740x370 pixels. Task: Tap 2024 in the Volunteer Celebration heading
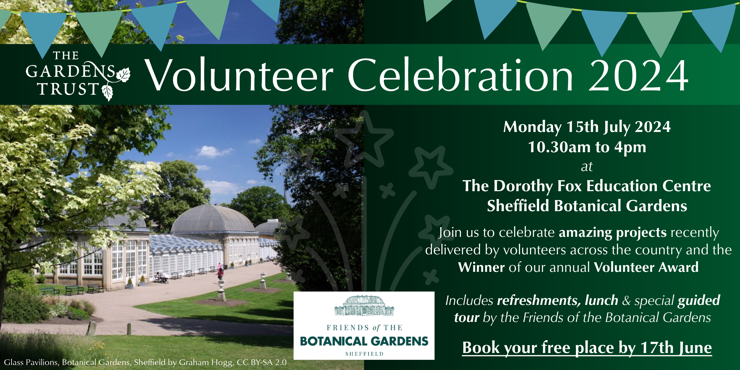point(638,75)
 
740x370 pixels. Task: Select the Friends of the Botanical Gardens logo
point(364,325)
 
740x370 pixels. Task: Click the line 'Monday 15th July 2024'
point(587,127)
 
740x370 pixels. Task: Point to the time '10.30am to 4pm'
point(587,147)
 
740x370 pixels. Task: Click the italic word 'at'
point(587,166)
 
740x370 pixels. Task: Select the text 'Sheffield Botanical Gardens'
point(587,206)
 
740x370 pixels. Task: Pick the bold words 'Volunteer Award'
point(646,267)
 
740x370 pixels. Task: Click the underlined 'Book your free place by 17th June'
point(587,348)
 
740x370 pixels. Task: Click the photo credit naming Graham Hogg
point(145,362)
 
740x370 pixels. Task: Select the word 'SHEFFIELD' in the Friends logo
point(364,354)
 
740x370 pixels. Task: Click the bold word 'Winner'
point(481,267)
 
